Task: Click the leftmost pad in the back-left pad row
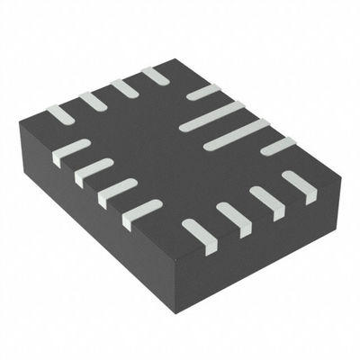(59, 115)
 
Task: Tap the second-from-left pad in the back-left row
(93, 102)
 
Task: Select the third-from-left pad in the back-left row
(124, 88)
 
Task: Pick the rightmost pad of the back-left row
(155, 76)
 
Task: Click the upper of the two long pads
(212, 117)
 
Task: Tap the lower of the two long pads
(236, 134)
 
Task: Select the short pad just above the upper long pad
(203, 92)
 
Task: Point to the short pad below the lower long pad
(278, 146)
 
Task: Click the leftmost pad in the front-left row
(71, 152)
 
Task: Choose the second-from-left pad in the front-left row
(94, 171)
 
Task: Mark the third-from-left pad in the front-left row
(118, 192)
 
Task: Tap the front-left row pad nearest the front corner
(142, 213)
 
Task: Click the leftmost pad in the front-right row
(200, 236)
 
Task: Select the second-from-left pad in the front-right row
(234, 219)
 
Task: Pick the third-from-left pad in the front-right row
(267, 202)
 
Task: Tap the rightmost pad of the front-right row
(299, 186)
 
